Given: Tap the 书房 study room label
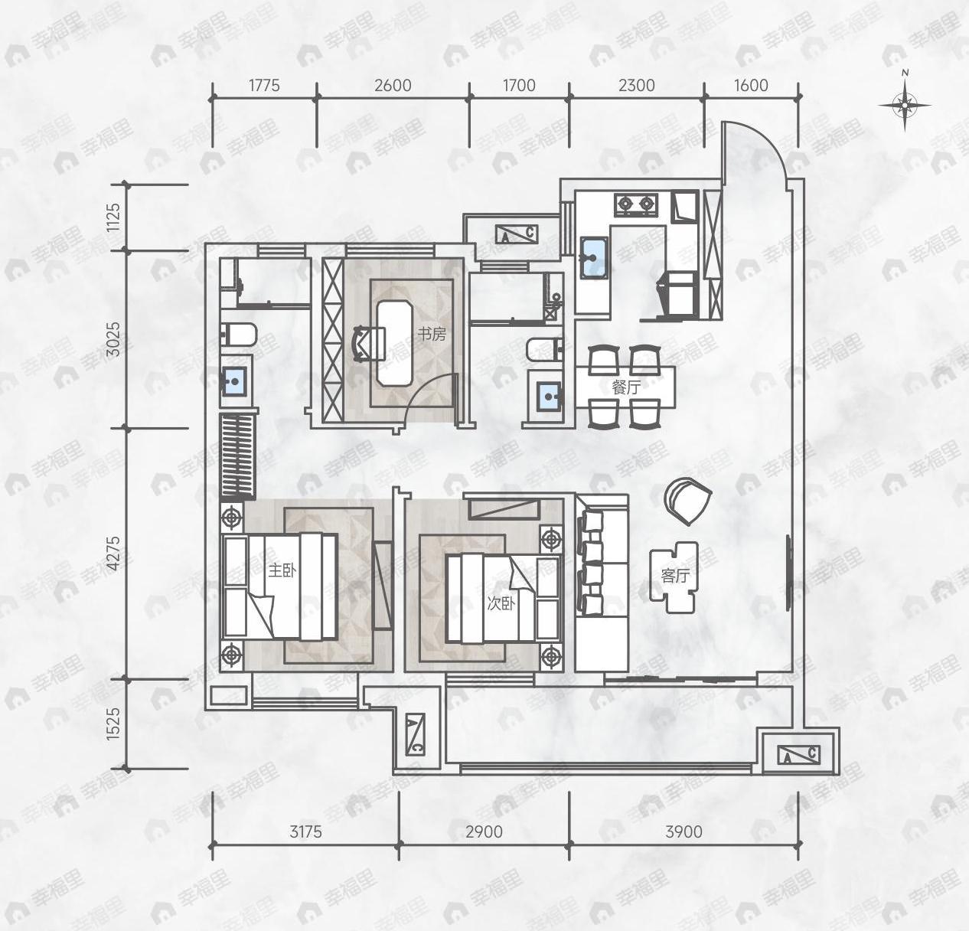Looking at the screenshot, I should pos(431,334).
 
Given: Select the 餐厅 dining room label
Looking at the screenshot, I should pos(625,387).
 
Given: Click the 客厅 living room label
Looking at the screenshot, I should pos(674,576).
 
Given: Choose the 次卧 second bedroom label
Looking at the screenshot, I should pos(501,603).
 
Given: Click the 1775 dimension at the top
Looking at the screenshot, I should pos(264,85).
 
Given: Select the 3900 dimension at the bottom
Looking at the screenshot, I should pos(683,831).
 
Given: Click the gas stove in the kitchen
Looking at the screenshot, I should pos(636,204).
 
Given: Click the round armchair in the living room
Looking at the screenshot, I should pos(687,501).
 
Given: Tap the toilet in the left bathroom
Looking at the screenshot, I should pos(239,335).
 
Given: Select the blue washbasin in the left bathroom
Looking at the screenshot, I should pos(234,380).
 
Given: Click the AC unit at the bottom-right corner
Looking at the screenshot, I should pos(798,755).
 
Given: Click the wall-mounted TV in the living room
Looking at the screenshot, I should pos(789,572).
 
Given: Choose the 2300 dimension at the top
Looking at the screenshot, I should pos(636,85).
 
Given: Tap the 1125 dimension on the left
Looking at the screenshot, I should pos(114,217).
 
